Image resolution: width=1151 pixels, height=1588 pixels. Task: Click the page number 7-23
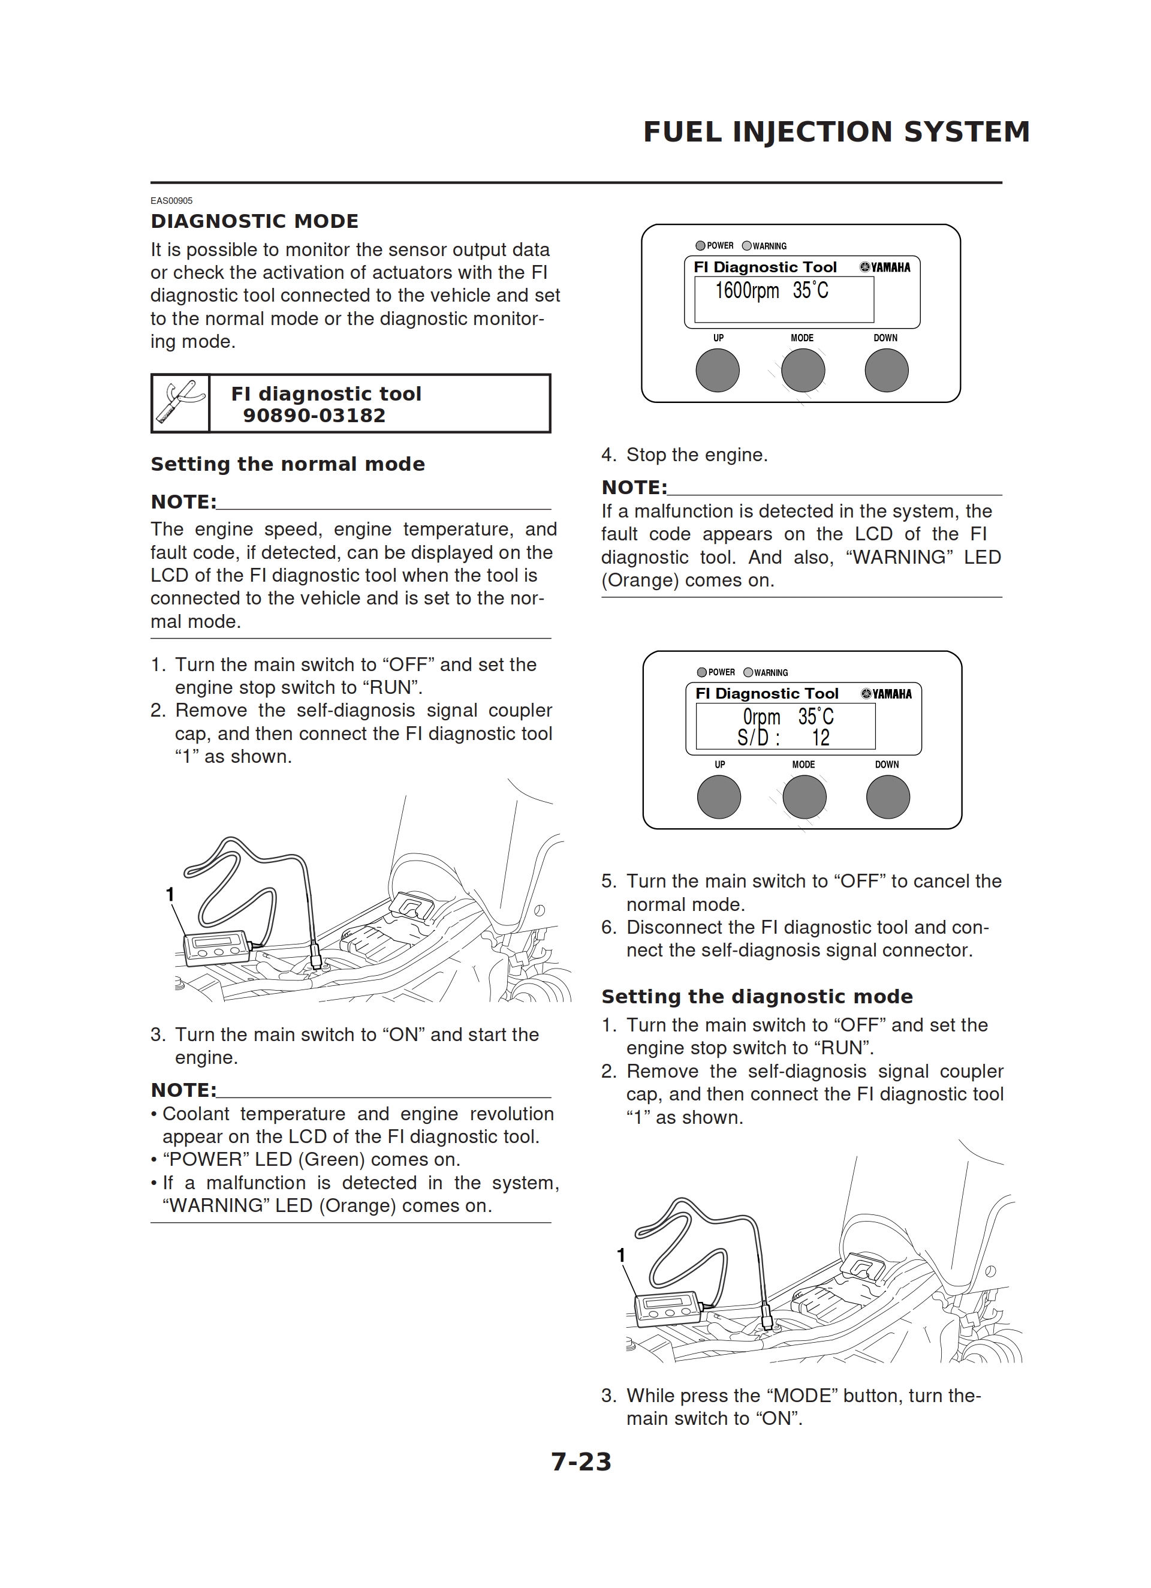coord(580,1462)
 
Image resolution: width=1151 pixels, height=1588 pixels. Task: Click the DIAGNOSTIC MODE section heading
coord(254,221)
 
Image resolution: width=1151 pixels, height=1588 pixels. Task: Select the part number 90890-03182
coord(314,416)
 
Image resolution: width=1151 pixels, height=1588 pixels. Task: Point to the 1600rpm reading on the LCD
coord(746,291)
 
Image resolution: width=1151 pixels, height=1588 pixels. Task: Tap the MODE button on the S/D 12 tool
coord(804,797)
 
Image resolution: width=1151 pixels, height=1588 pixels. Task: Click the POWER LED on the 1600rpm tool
coord(700,246)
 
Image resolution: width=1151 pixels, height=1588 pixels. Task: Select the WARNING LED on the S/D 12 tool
coord(748,672)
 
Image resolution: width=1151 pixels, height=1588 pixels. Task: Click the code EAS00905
coord(171,201)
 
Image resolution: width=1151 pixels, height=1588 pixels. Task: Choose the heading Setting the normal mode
coord(288,464)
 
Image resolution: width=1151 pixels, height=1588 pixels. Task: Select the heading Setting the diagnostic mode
coord(757,996)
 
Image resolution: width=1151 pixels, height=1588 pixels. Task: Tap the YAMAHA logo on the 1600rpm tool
coord(885,267)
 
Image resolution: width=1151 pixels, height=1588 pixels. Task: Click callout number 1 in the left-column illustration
coord(170,894)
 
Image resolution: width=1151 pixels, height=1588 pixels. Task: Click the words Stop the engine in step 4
coord(697,455)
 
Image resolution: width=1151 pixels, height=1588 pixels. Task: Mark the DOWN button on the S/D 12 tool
coord(888,797)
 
